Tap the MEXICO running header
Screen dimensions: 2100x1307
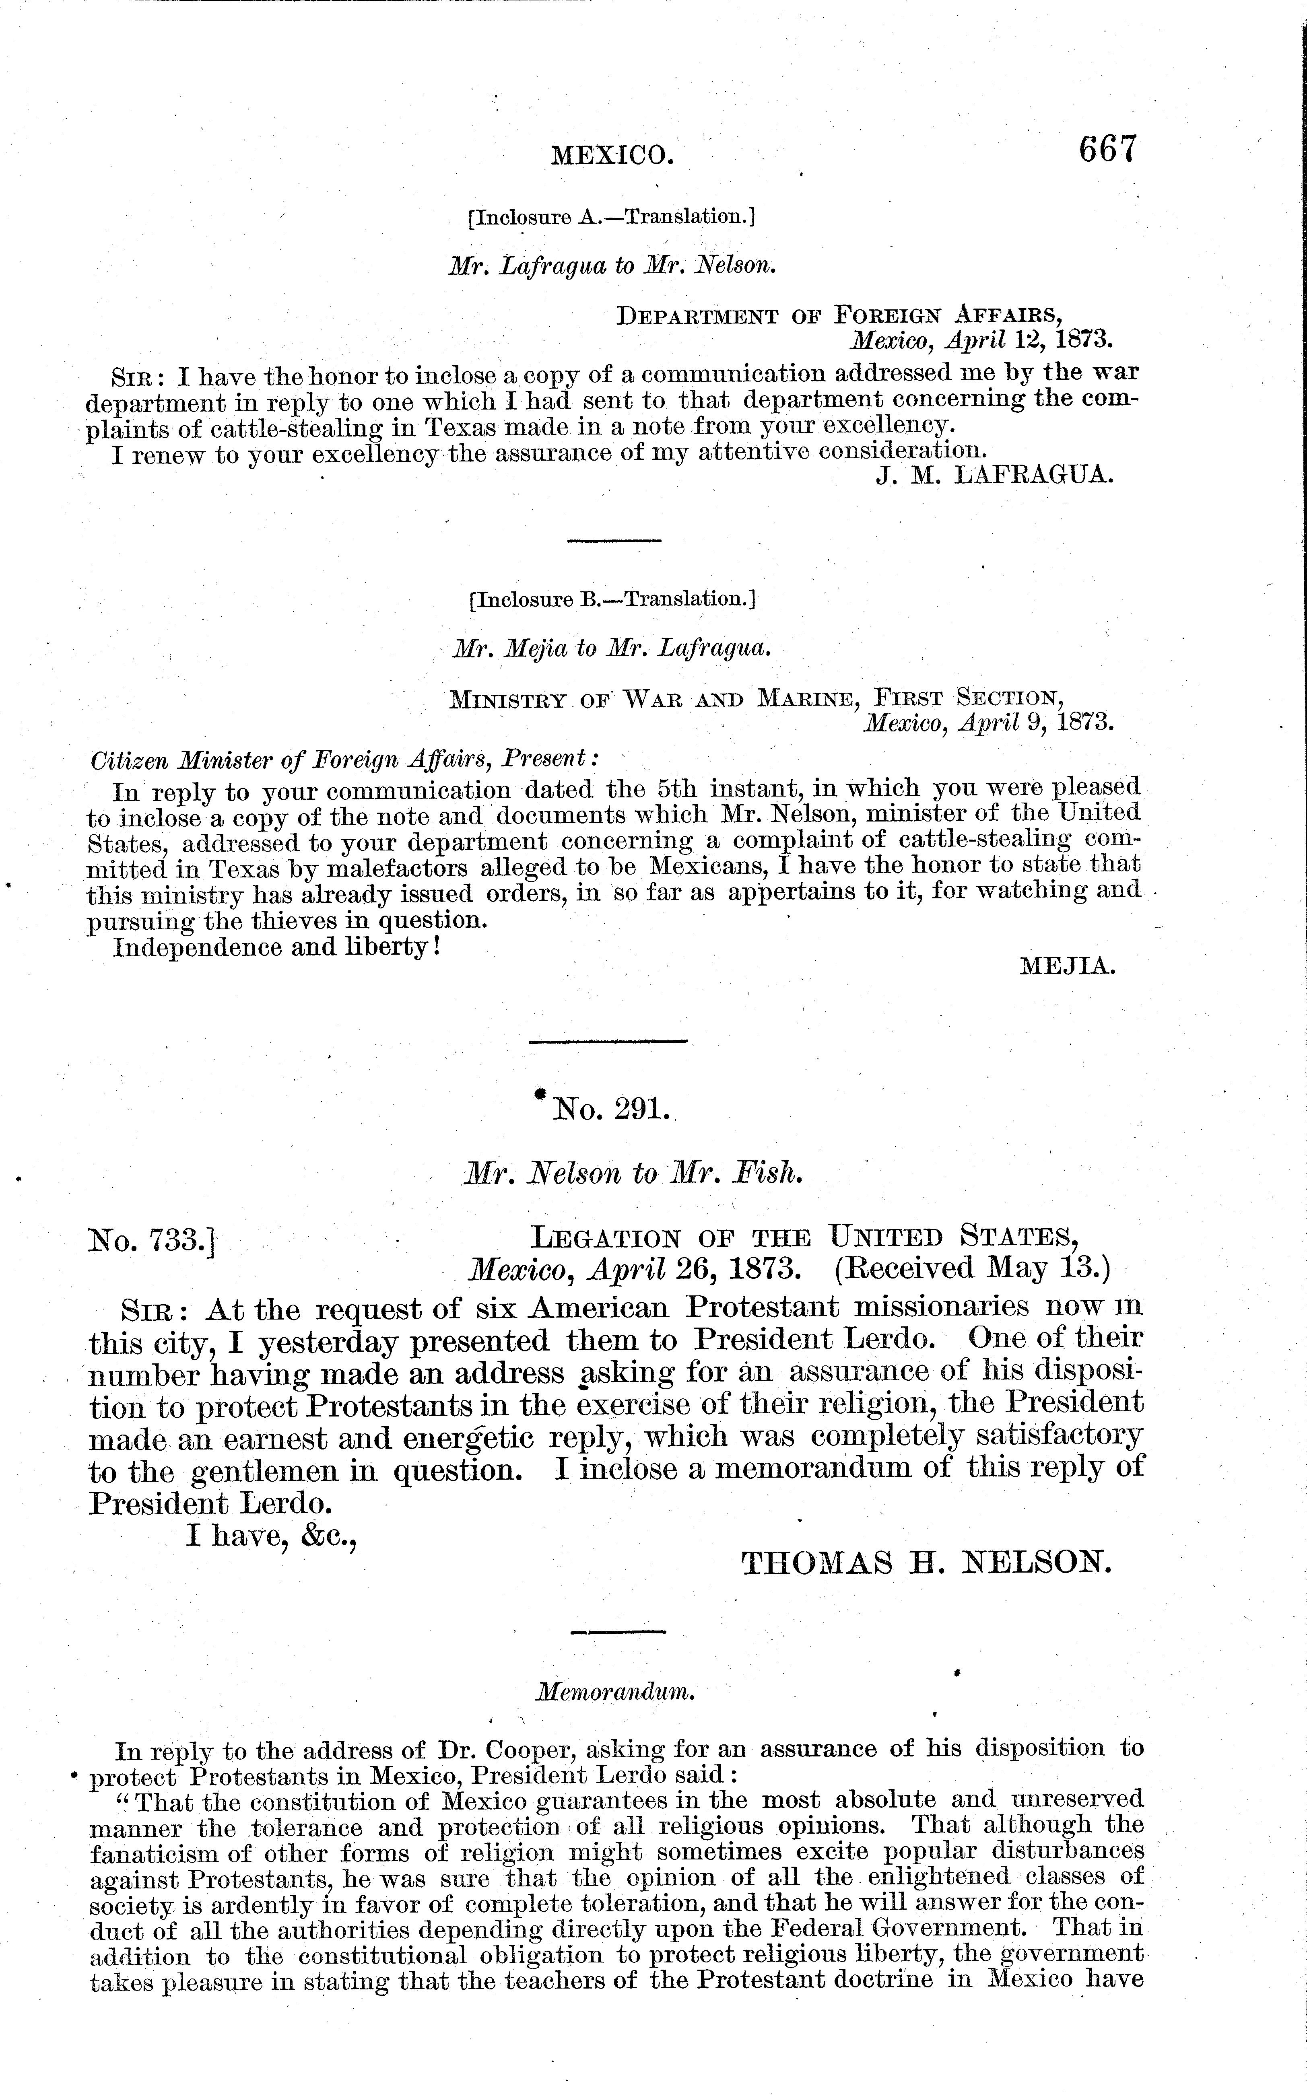point(612,156)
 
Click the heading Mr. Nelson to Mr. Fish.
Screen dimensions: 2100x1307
point(634,1174)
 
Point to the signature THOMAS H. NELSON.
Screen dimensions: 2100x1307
point(925,1563)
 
